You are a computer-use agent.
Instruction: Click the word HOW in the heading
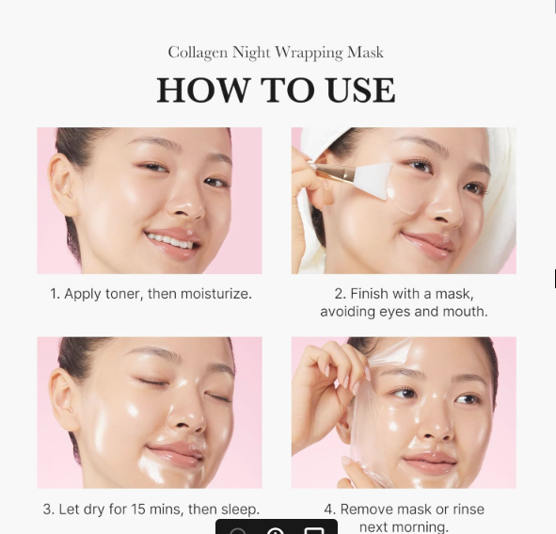tap(194, 90)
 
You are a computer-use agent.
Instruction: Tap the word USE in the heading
tap(359, 90)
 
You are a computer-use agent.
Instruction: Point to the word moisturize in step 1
tap(215, 294)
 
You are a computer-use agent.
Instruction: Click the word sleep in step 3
tap(238, 510)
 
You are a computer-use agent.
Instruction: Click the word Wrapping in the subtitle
tap(310, 53)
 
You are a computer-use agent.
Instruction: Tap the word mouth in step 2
tap(467, 311)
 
